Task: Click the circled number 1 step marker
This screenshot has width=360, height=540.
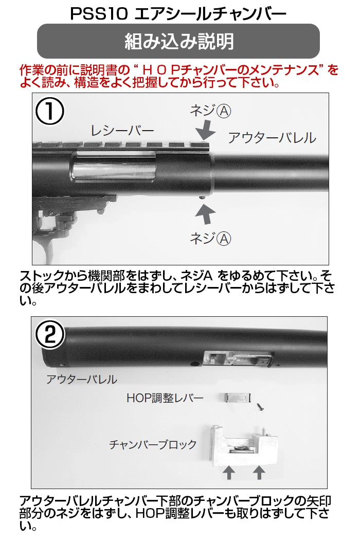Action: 50,112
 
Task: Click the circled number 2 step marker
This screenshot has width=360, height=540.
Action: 50,334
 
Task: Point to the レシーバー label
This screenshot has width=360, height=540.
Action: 122,131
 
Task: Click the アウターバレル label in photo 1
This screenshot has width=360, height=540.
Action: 272,138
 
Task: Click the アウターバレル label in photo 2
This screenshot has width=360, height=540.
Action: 82,380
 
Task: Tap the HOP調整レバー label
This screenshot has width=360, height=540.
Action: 165,398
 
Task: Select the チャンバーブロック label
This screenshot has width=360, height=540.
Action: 153,444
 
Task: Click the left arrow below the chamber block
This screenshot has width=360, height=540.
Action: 229,473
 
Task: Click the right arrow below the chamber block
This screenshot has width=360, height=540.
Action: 259,473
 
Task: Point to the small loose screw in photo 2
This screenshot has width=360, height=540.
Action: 260,407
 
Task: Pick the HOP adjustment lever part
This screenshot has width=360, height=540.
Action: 238,398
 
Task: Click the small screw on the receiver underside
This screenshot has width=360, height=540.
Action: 203,196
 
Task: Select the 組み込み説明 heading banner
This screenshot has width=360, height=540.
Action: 178,41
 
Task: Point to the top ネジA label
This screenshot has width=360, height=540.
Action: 210,111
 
